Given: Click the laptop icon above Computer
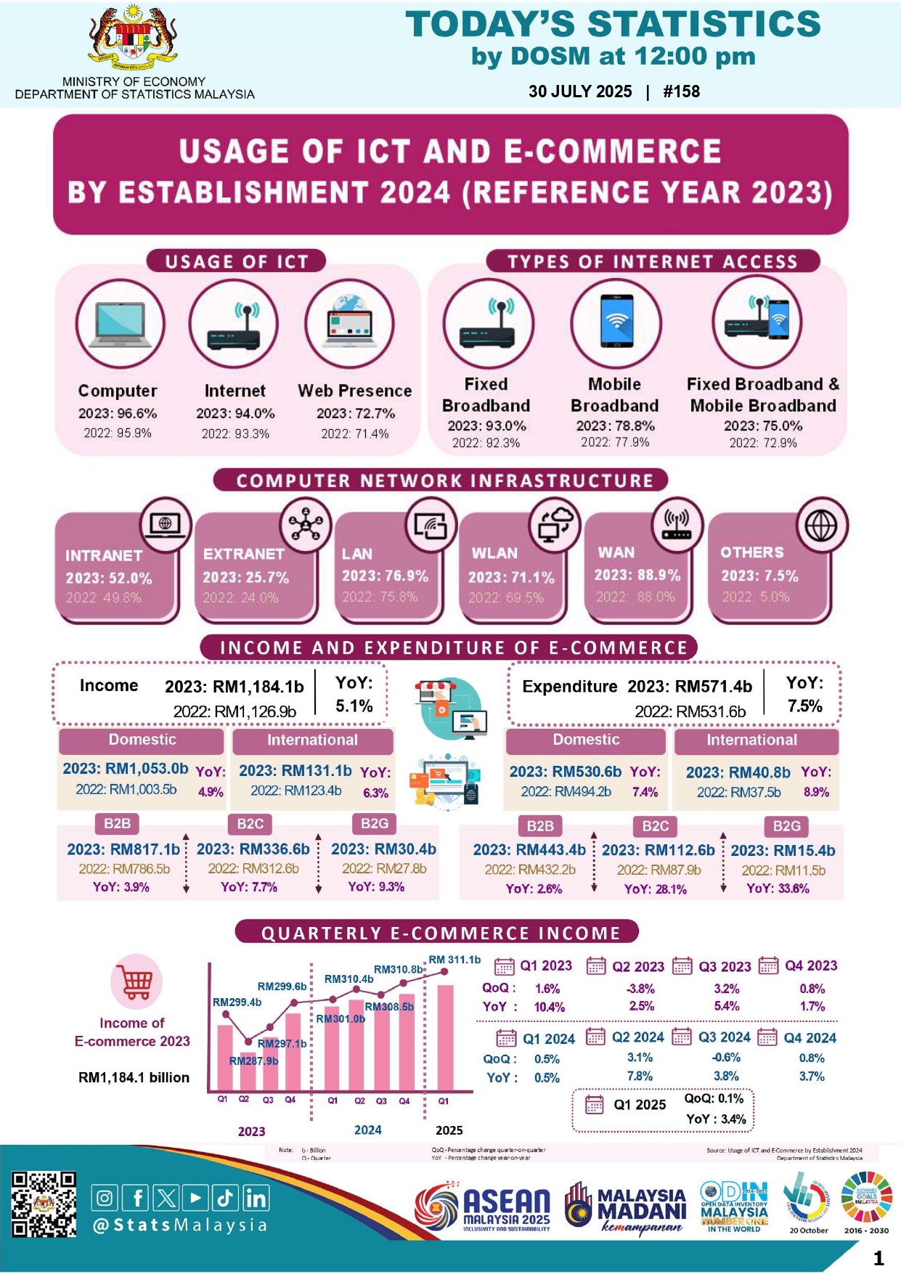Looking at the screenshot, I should [120, 324].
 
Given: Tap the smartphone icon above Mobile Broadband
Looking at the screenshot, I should [616, 322].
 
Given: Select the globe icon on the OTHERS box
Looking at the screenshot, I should [821, 526].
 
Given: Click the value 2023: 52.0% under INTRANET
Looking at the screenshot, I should [109, 578].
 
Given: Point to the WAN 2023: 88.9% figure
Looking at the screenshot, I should [637, 575].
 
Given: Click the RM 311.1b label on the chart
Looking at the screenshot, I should [454, 960].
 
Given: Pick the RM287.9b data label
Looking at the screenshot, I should [253, 1061].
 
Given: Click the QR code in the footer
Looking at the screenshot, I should [44, 1203].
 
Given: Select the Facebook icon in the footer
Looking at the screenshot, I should [136, 1197].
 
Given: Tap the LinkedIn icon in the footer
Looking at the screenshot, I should [256, 1197].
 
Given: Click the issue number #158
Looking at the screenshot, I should [681, 91].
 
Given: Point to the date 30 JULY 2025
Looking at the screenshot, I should [580, 91].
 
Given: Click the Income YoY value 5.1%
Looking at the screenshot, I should [354, 706].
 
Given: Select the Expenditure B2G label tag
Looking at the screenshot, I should [786, 826].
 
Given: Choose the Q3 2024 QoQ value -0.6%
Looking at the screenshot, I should [726, 1058].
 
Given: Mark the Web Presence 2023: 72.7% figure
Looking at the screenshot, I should [356, 413].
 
